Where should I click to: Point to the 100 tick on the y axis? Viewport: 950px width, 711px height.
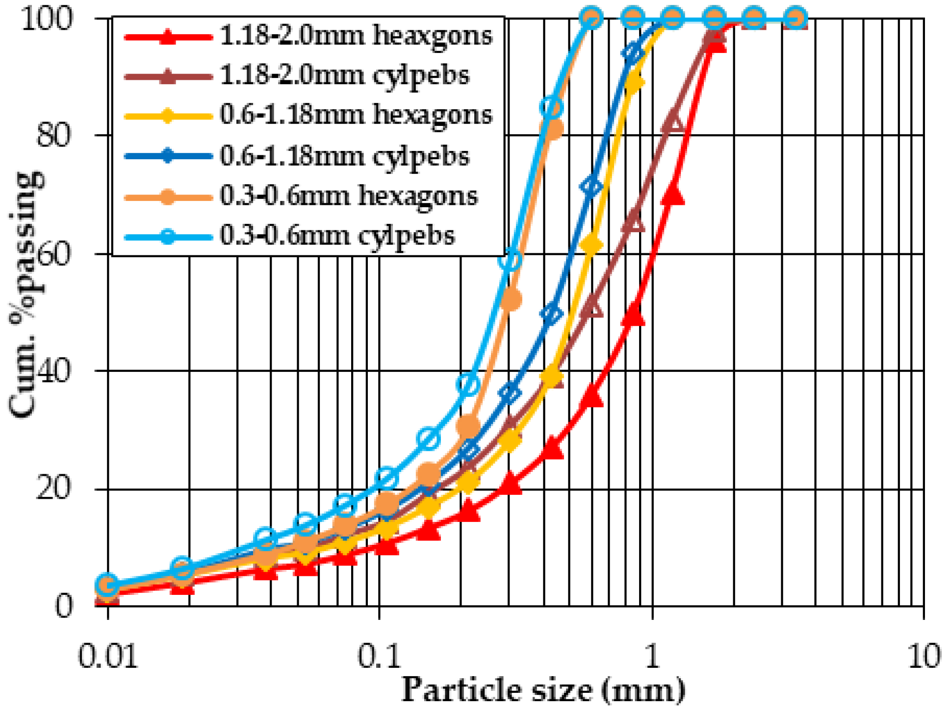pyautogui.click(x=47, y=19)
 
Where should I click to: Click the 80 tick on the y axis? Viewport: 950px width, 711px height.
pyautogui.click(x=54, y=135)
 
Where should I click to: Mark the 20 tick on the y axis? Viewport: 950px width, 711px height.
pyautogui.click(x=54, y=489)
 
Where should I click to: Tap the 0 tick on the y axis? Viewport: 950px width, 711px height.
pyautogui.click(x=64, y=606)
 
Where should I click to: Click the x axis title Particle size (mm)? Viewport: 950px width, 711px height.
pyautogui.click(x=543, y=690)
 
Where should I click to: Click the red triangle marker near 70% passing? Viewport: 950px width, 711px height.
pyautogui.click(x=673, y=195)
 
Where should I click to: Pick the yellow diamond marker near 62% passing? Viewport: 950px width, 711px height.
pyautogui.click(x=591, y=245)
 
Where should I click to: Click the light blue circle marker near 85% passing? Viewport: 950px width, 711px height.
pyautogui.click(x=551, y=107)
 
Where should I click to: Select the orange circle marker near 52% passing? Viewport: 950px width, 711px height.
pyautogui.click(x=511, y=300)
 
